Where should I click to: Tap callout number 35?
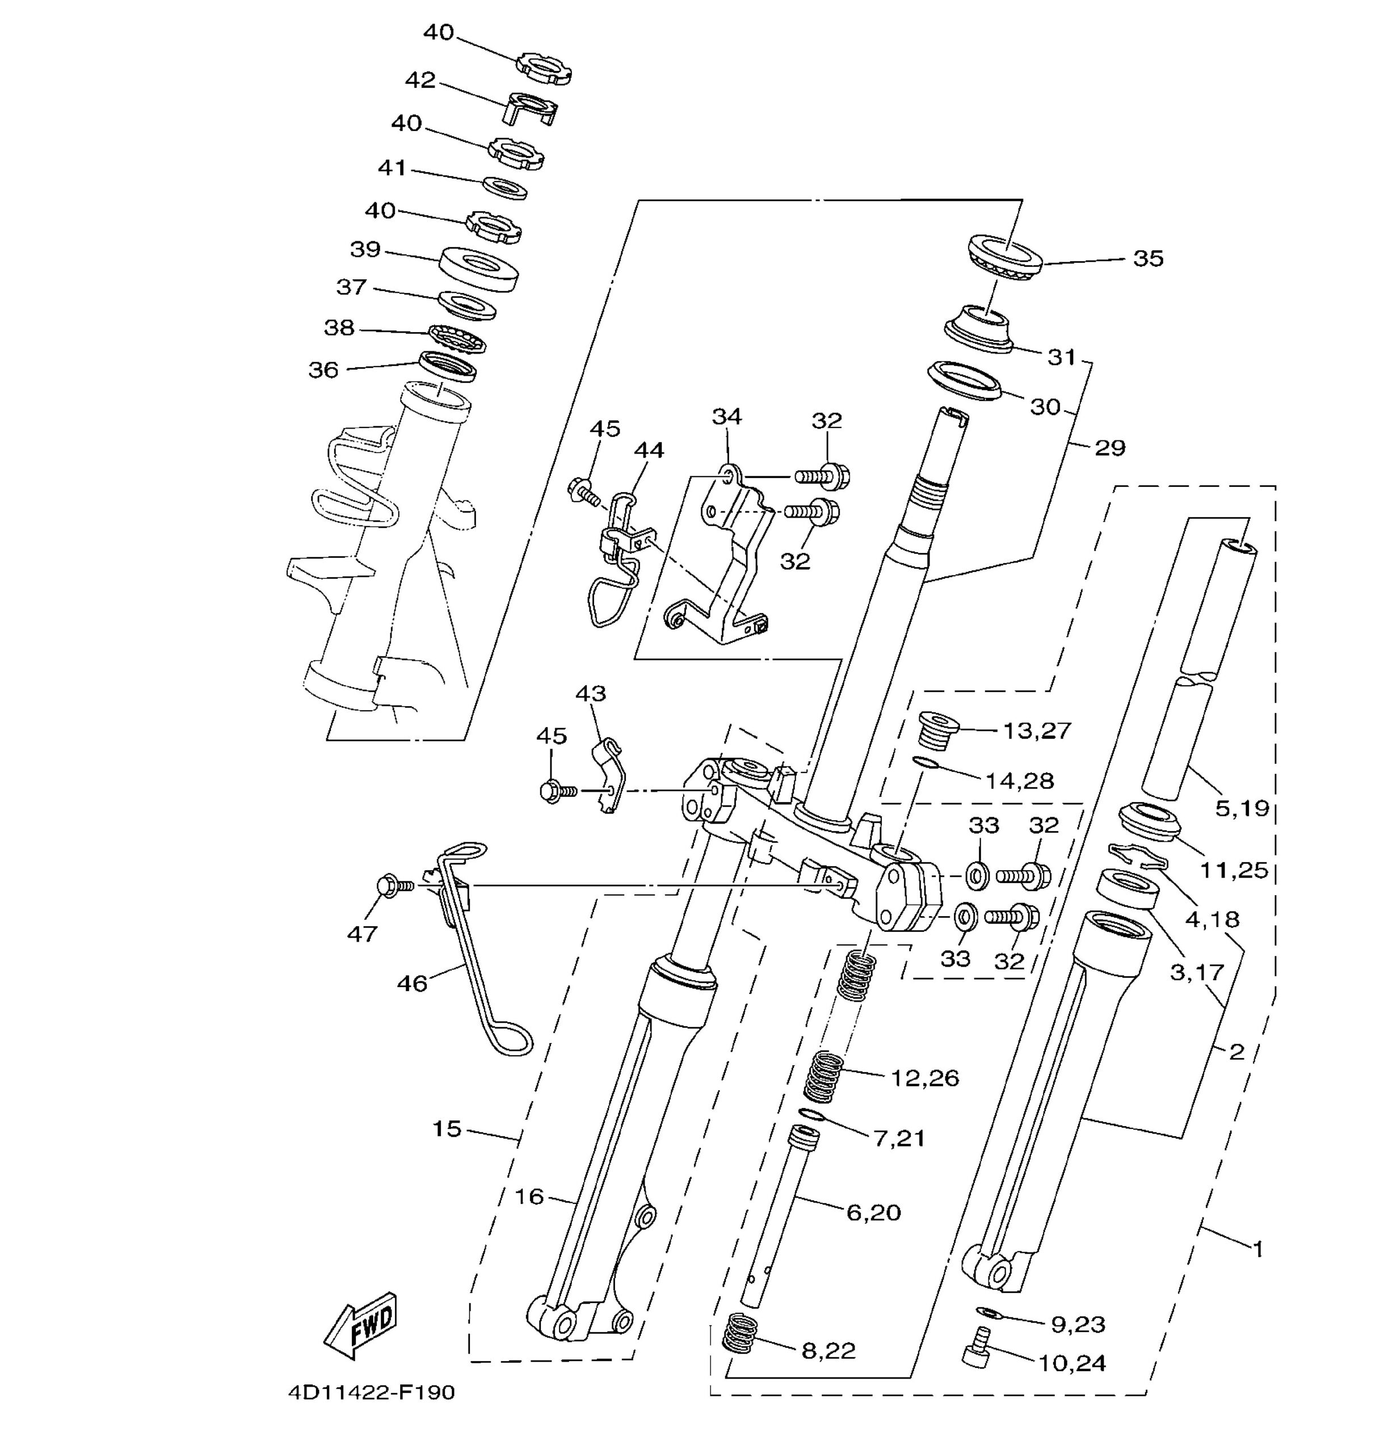pyautogui.click(x=1148, y=258)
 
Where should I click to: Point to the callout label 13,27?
pyautogui.click(x=1037, y=730)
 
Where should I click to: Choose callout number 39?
pyautogui.click(x=365, y=249)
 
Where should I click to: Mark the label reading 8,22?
pyautogui.click(x=828, y=1350)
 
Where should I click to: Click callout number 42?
pyautogui.click(x=420, y=79)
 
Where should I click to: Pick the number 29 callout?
pyautogui.click(x=1109, y=448)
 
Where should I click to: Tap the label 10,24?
pyautogui.click(x=1072, y=1363)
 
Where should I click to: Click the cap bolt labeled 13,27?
pyautogui.click(x=937, y=730)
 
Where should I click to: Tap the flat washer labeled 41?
pyautogui.click(x=504, y=188)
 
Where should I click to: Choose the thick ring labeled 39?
pyautogui.click(x=479, y=268)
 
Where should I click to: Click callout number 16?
pyautogui.click(x=528, y=1196)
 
